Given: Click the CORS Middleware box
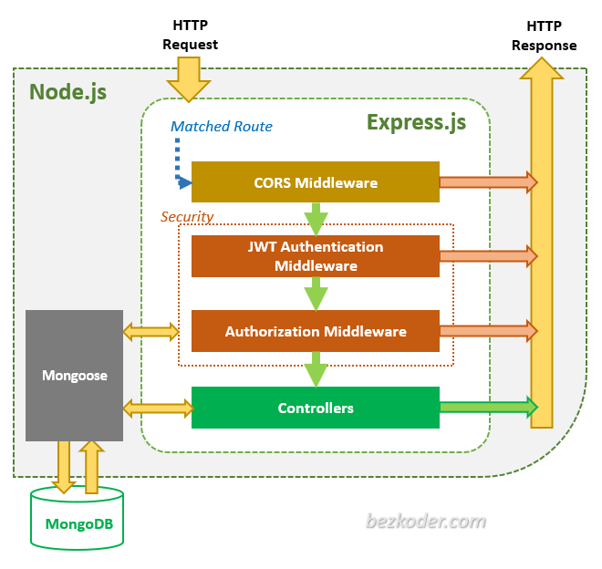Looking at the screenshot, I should tap(315, 182).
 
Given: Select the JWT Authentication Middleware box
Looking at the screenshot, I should tap(315, 256).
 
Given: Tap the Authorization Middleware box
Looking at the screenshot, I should tap(315, 331).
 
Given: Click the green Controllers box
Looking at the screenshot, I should tap(315, 408).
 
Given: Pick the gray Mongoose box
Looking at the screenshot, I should tap(74, 376).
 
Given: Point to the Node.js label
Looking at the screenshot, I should tap(68, 92).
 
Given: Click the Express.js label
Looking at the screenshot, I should tap(416, 121).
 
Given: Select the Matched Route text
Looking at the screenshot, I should tap(222, 127).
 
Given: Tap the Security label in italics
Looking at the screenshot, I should tap(186, 217).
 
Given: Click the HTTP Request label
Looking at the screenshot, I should tap(190, 35).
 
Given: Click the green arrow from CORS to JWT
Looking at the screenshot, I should tap(316, 219).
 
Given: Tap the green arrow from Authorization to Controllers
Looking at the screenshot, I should tap(316, 369).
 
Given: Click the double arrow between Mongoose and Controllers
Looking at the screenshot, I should tap(156, 407).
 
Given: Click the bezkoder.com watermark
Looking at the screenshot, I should tap(426, 522).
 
